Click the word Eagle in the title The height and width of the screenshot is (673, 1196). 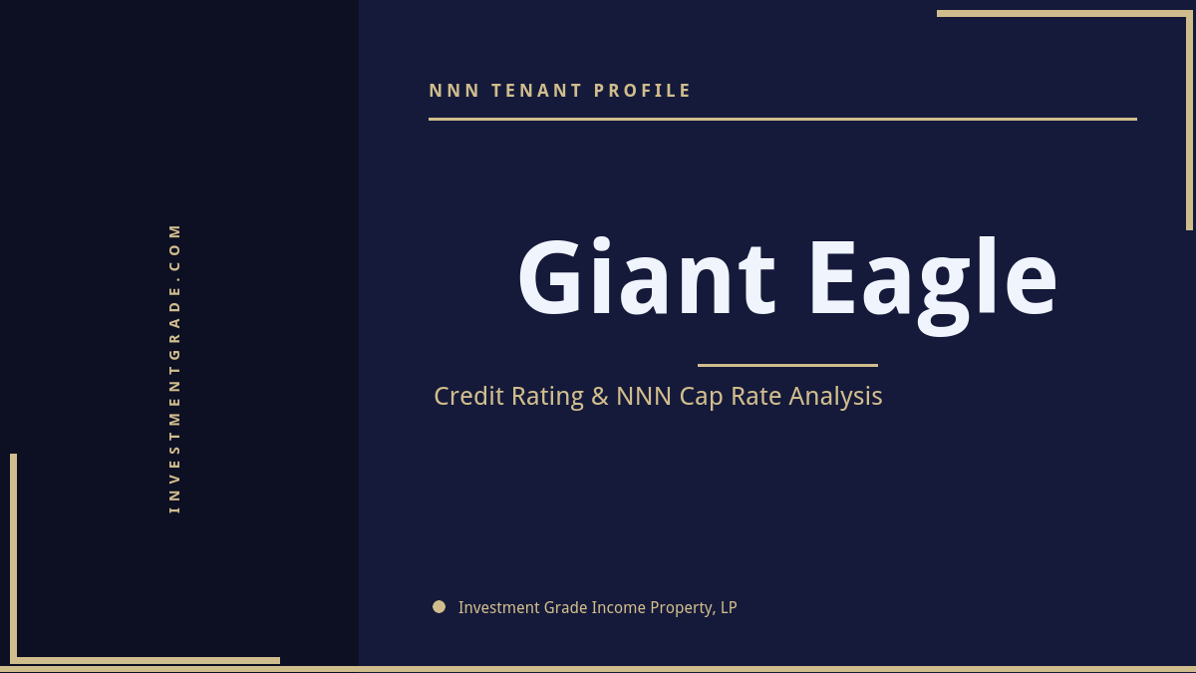tap(932, 279)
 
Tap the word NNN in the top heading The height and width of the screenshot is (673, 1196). tap(454, 91)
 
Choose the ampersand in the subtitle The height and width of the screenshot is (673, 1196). tap(599, 396)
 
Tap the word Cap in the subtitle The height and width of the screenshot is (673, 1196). tap(702, 397)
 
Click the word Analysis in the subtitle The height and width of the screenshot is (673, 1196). tap(835, 396)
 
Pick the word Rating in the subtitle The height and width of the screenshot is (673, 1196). tap(547, 397)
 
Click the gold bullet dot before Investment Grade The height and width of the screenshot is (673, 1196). tap(439, 606)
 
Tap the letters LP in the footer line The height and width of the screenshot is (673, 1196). tap(728, 607)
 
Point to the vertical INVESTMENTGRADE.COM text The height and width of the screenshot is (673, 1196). tap(174, 368)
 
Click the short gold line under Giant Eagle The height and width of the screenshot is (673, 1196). tap(787, 365)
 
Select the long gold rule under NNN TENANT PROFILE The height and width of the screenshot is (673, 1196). tap(782, 119)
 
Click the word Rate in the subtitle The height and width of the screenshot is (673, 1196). tap(757, 396)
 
